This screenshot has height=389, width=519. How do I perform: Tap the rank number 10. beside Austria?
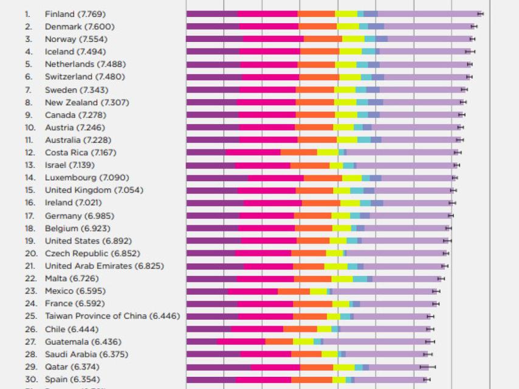(30, 128)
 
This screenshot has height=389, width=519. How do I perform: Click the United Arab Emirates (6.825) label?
(104, 266)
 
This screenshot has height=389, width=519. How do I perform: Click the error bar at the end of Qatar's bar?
(428, 367)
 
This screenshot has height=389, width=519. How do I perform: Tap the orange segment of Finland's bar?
(316, 13)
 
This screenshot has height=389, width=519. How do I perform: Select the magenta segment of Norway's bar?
(273, 39)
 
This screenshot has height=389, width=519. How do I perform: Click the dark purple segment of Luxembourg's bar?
(216, 178)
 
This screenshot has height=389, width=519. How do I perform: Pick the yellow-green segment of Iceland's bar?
(350, 52)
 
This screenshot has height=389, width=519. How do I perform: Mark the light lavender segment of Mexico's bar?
(383, 291)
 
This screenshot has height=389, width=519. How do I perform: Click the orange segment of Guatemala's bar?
(279, 342)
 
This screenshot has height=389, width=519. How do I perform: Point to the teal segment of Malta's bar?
(360, 279)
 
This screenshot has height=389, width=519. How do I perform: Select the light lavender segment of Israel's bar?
(405, 165)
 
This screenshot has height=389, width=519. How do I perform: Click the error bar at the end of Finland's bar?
(480, 13)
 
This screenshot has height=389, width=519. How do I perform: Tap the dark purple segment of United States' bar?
(213, 241)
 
